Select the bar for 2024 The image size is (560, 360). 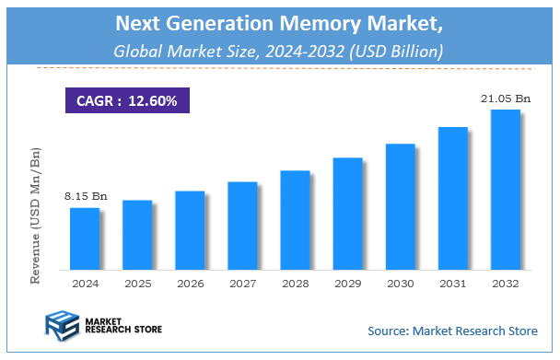click(x=84, y=238)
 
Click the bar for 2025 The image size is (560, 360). click(x=136, y=234)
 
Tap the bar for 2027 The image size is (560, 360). click(x=242, y=225)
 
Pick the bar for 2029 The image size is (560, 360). click(x=347, y=213)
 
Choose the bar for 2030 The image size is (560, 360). click(x=400, y=205)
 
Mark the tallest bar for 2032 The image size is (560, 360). click(x=506, y=189)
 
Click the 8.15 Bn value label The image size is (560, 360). click(x=84, y=196)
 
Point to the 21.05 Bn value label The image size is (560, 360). click(x=506, y=99)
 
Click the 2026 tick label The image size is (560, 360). click(x=190, y=285)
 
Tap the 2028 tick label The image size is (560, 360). click(x=295, y=285)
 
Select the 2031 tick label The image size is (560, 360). click(x=453, y=285)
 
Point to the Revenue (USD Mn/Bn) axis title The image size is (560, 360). click(x=36, y=215)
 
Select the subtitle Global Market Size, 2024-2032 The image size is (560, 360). click(x=279, y=51)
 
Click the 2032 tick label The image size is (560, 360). click(x=506, y=285)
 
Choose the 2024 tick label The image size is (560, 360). click(x=84, y=285)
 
